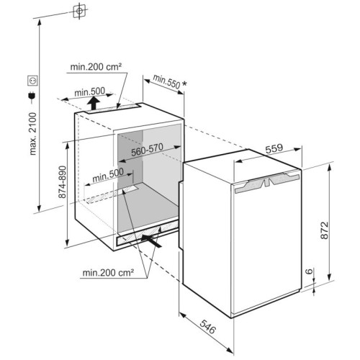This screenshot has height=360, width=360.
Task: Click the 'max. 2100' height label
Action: point(33,134)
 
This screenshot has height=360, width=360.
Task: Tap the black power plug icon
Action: point(32,96)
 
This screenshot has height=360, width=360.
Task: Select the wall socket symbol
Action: point(32,80)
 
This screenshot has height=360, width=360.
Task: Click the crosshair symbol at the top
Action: point(79,11)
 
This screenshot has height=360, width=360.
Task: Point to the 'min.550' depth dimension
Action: point(166,81)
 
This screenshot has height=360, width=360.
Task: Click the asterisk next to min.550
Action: point(184,84)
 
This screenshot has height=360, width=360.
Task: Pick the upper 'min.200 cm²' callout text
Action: point(96,67)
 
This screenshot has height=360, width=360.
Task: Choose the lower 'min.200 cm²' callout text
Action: point(108,273)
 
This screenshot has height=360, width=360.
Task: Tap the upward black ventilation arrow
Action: point(94,103)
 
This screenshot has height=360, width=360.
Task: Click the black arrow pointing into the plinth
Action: point(151,240)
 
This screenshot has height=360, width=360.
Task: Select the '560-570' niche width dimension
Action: point(147,150)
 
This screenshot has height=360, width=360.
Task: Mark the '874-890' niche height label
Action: point(63,182)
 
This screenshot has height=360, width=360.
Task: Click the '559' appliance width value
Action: point(274,148)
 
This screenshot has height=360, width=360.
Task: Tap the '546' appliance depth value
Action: point(208,326)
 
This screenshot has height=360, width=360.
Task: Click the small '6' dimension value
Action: point(310,271)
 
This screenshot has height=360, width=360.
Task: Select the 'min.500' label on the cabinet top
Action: point(90,92)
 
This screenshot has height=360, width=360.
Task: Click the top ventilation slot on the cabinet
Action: point(113,109)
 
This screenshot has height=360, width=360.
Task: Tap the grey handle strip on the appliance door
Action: point(267,182)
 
